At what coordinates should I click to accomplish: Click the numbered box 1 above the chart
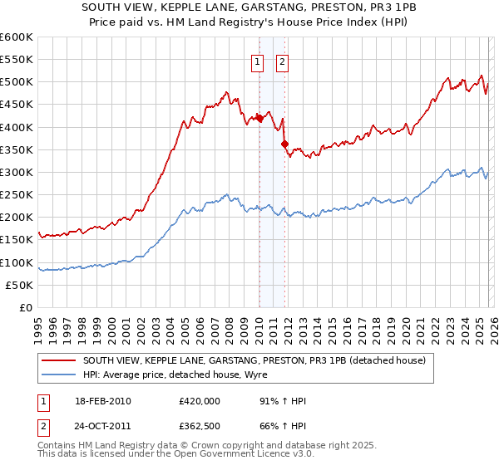pyautogui.click(x=258, y=61)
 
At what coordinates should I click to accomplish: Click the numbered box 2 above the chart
pyautogui.click(x=283, y=61)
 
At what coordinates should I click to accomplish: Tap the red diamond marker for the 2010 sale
pyautogui.click(x=259, y=118)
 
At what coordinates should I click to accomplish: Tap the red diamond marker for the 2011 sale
pyautogui.click(x=284, y=144)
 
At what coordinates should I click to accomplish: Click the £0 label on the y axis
pyautogui.click(x=27, y=308)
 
